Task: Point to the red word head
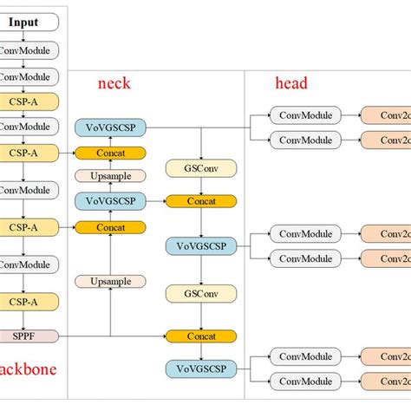tap(290, 83)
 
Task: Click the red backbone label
tap(28, 369)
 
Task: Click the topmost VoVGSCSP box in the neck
tap(110, 127)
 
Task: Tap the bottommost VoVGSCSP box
tap(201, 368)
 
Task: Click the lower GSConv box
tap(201, 293)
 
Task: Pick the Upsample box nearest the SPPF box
tap(110, 282)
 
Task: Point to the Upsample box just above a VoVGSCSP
tap(110, 176)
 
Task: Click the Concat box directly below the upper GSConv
tap(201, 201)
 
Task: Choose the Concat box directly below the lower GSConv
tap(201, 336)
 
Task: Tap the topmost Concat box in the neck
tap(110, 153)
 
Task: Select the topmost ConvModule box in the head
tap(300, 114)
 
